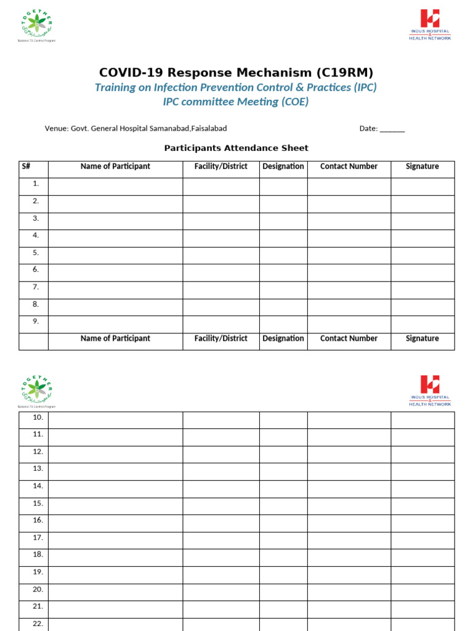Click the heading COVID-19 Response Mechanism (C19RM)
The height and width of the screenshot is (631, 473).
point(236,72)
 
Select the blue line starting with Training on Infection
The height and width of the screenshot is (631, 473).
point(235,87)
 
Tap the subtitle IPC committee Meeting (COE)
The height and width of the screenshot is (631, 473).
point(235,102)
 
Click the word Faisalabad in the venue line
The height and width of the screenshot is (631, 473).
point(209,128)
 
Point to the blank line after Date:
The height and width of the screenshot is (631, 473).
point(392,129)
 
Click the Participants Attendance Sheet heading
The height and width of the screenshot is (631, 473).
point(236,148)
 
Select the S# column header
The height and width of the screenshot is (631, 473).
point(26,166)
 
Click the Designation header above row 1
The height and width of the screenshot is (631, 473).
point(283,166)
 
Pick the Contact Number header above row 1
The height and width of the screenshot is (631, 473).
point(349,166)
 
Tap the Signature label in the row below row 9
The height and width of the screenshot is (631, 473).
point(422,338)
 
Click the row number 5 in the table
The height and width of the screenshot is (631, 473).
point(36,253)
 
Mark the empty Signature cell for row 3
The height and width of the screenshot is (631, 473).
point(422,218)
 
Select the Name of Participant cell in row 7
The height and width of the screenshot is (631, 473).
point(115,287)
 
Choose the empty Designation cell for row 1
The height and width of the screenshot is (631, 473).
point(283,184)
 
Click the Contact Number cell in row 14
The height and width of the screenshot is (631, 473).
point(349,486)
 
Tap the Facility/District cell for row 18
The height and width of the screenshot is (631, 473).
point(220,555)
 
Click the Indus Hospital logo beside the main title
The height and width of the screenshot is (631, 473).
point(430,25)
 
